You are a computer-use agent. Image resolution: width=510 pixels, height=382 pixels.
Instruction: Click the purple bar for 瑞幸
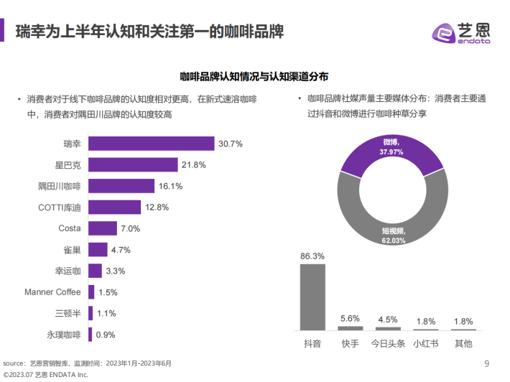tap(151, 144)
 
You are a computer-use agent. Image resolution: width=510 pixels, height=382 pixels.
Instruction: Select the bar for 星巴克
tap(133, 165)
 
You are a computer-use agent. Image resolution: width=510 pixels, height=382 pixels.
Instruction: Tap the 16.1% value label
tap(170, 187)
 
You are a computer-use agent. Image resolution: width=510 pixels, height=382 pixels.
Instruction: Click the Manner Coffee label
tap(52, 292)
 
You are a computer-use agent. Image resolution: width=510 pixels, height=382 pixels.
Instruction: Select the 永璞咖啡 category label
tap(64, 335)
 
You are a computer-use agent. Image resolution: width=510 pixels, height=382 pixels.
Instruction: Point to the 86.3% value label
tap(312, 256)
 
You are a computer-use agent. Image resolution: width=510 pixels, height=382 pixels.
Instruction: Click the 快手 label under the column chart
tap(350, 343)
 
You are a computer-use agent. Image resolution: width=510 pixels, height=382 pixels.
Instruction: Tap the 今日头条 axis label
tap(387, 343)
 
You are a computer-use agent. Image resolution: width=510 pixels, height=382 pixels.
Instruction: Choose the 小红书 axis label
tap(425, 343)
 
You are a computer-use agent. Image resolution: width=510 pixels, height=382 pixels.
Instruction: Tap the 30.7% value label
tap(231, 144)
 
